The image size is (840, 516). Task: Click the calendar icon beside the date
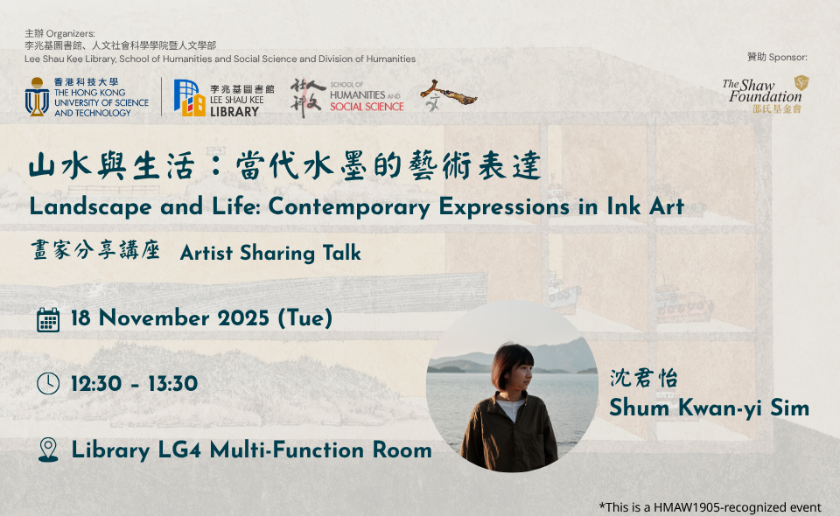click(49, 319)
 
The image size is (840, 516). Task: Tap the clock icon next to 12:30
click(49, 384)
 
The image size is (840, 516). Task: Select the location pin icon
click(49, 450)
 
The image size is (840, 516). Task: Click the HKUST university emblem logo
click(37, 97)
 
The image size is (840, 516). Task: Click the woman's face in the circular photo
click(510, 369)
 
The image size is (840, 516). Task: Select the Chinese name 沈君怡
click(644, 379)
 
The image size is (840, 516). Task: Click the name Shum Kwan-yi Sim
click(709, 408)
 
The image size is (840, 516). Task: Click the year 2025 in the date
click(242, 318)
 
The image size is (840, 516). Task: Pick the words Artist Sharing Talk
click(270, 254)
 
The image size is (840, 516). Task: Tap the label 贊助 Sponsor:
click(777, 57)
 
